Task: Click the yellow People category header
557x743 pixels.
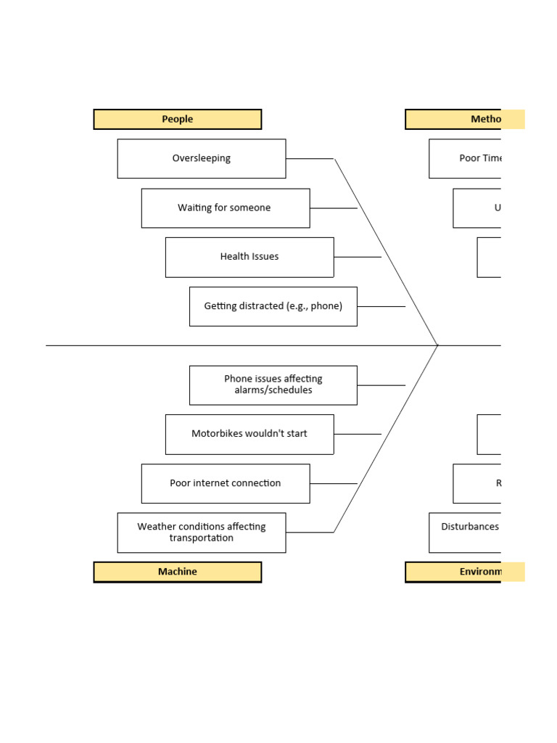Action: [x=178, y=119]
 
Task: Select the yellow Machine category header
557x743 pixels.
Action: [x=178, y=572]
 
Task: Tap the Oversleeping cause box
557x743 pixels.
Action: [x=202, y=158]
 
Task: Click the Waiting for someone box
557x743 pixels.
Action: [x=225, y=208]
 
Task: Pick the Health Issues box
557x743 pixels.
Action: [x=249, y=257]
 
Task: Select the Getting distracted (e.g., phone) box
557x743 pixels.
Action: [x=273, y=306]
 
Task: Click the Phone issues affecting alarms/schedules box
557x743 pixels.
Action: [x=273, y=385]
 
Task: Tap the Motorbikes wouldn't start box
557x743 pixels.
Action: [x=249, y=434]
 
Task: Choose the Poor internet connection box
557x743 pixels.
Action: [x=225, y=483]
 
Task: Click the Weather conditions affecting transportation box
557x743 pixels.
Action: [x=202, y=533]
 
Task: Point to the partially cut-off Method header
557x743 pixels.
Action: [x=464, y=119]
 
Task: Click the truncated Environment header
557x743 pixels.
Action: [x=464, y=572]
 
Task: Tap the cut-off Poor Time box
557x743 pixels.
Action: [x=465, y=158]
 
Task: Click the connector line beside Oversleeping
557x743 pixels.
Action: [x=310, y=158]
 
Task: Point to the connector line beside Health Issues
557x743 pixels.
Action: [x=358, y=257]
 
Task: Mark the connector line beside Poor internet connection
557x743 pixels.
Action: [x=334, y=483]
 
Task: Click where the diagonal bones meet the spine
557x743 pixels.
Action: [x=438, y=345]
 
